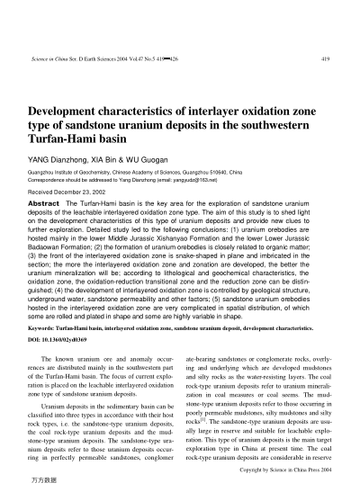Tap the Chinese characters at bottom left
coord(43,484)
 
